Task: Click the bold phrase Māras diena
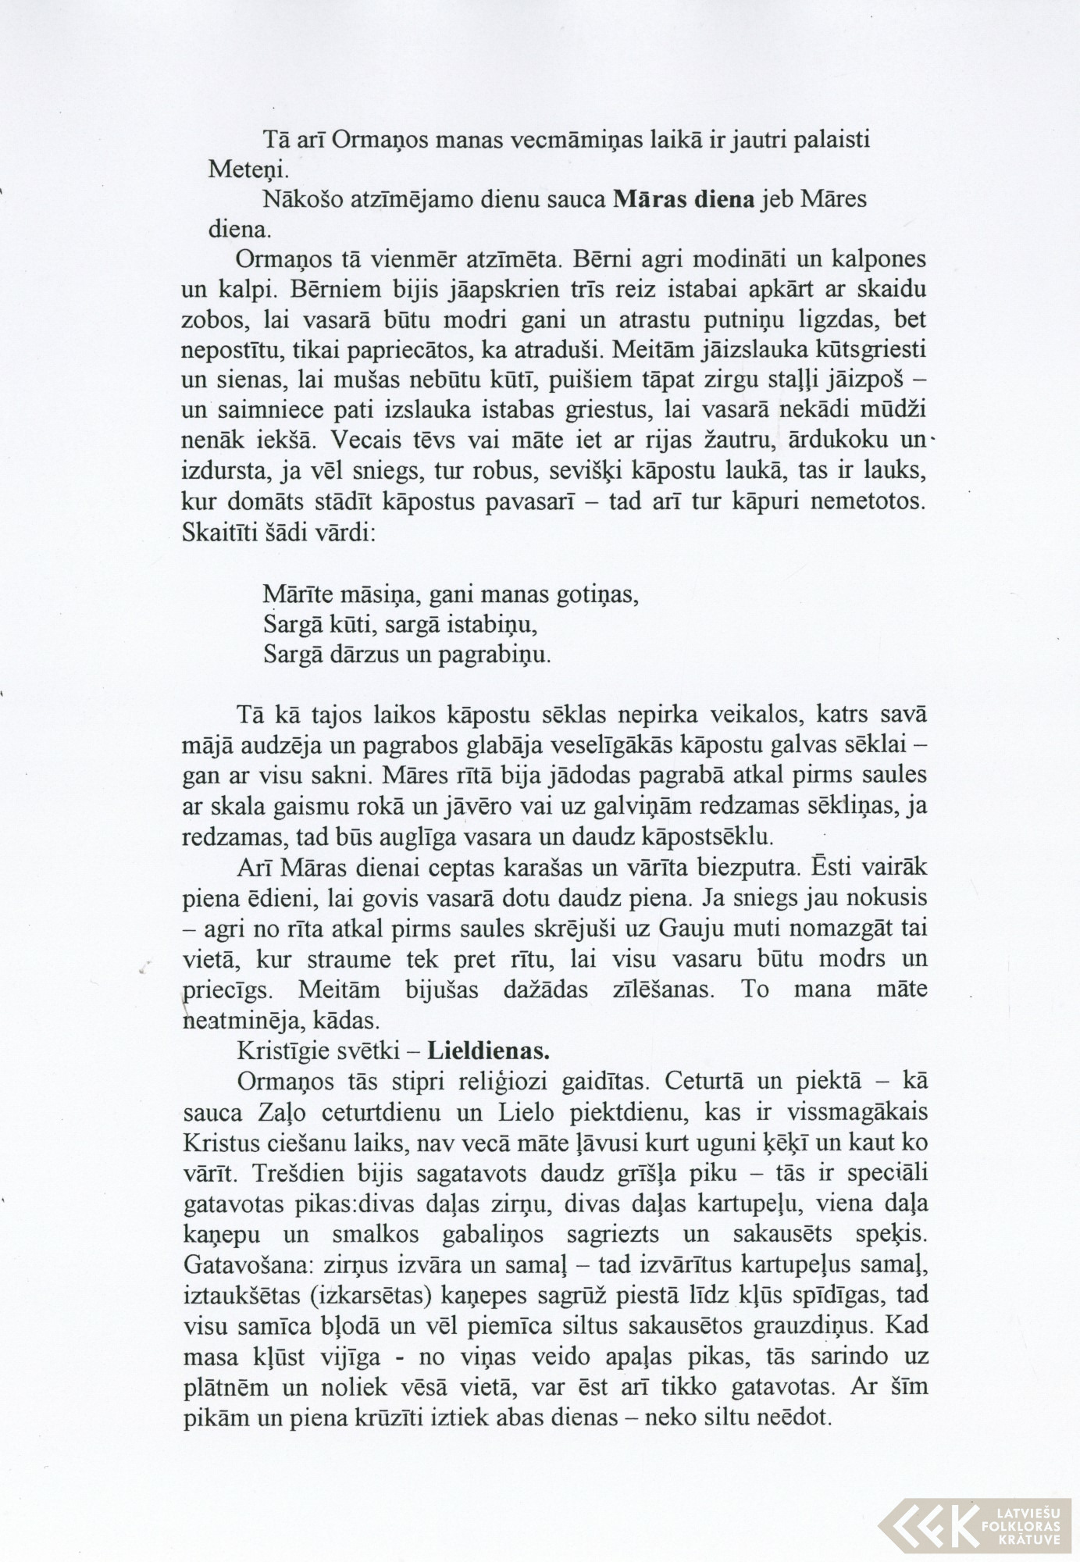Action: click(684, 200)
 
